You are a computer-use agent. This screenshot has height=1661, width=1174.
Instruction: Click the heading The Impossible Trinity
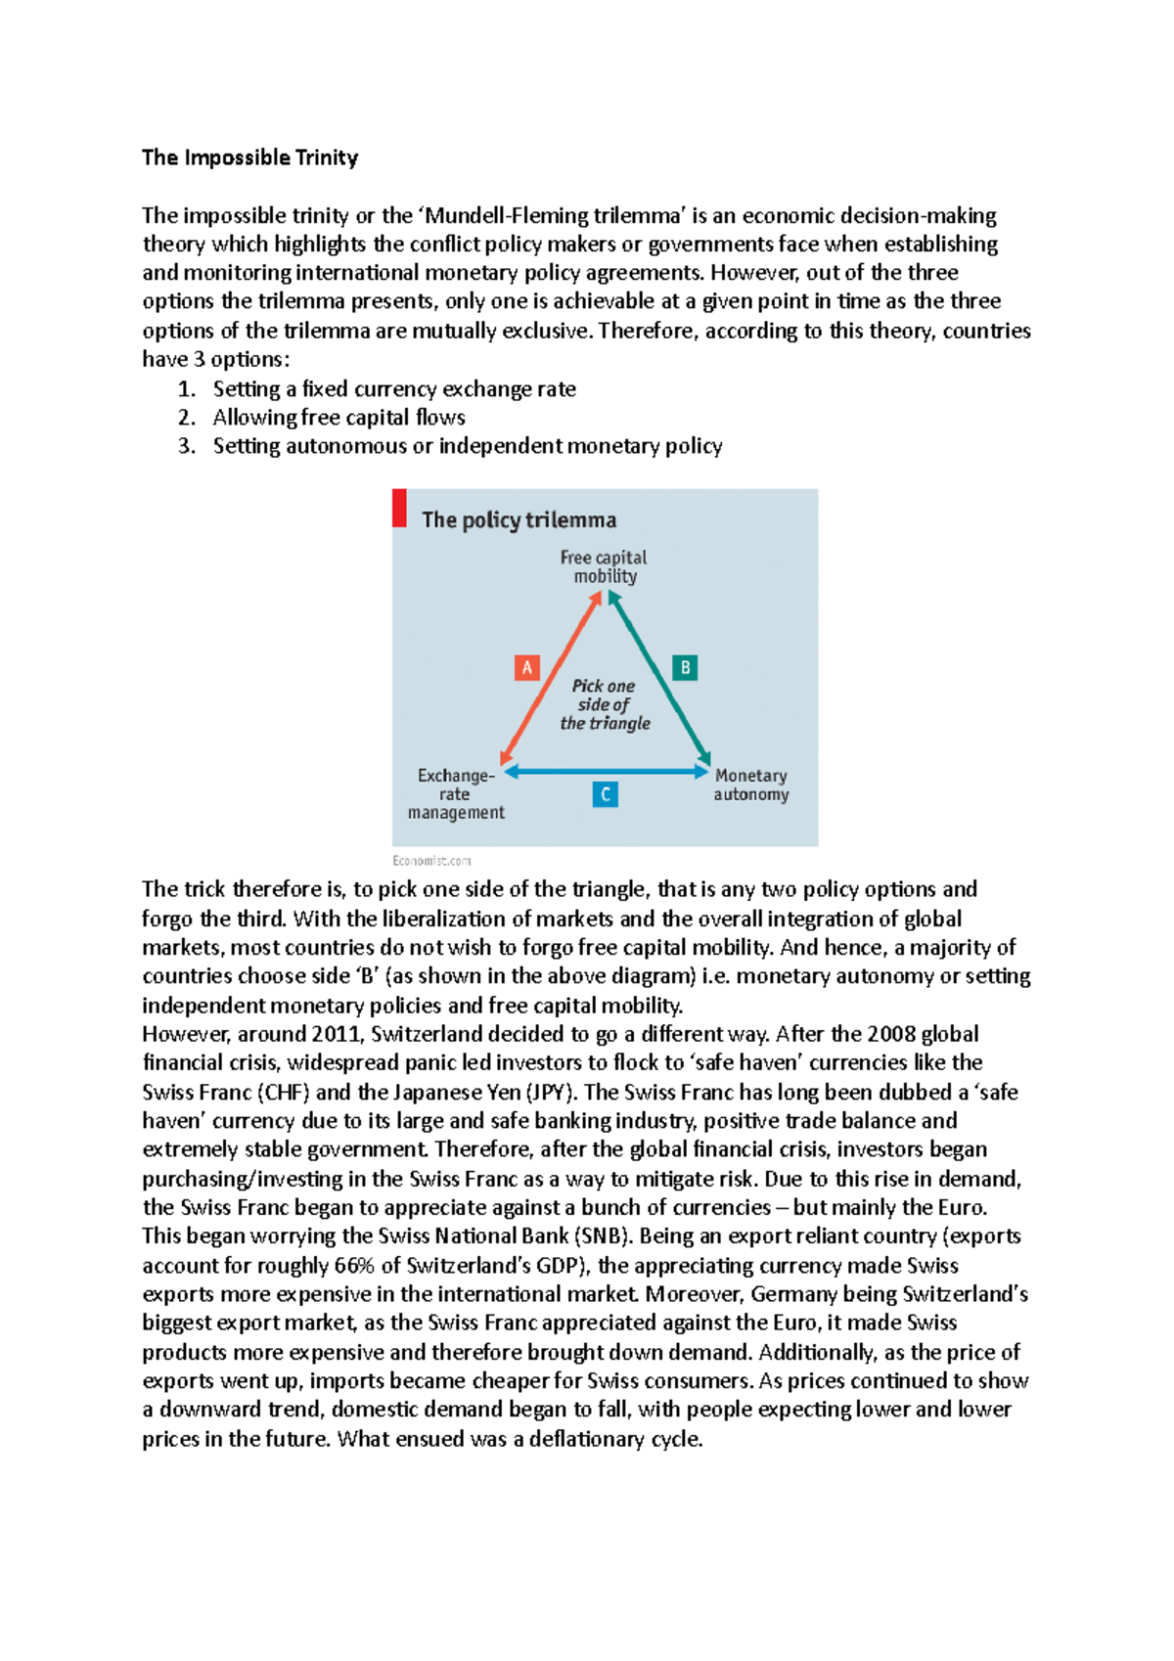tap(249, 157)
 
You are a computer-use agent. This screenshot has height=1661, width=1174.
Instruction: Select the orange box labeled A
tap(527, 668)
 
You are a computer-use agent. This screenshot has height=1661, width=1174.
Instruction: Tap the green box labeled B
tap(685, 668)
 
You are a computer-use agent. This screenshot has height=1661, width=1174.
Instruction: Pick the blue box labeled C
tap(606, 794)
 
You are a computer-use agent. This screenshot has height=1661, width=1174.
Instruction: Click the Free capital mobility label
tap(604, 566)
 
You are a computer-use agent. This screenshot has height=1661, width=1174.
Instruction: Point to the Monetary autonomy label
tap(750, 785)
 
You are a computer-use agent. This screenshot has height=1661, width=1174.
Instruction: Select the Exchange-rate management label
tap(456, 793)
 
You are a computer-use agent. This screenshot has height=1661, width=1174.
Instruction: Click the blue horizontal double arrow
tap(606, 772)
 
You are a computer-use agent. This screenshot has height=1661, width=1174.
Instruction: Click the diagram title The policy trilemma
tap(519, 520)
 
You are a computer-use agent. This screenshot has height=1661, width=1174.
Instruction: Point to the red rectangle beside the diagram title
tap(399, 509)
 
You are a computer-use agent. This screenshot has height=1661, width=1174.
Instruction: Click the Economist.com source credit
tap(431, 861)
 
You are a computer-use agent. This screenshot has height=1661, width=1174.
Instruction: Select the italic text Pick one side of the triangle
tap(605, 704)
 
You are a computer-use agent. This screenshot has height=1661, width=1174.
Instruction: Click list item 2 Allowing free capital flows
tap(339, 418)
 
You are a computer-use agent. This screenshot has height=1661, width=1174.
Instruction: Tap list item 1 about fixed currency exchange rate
tap(393, 389)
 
